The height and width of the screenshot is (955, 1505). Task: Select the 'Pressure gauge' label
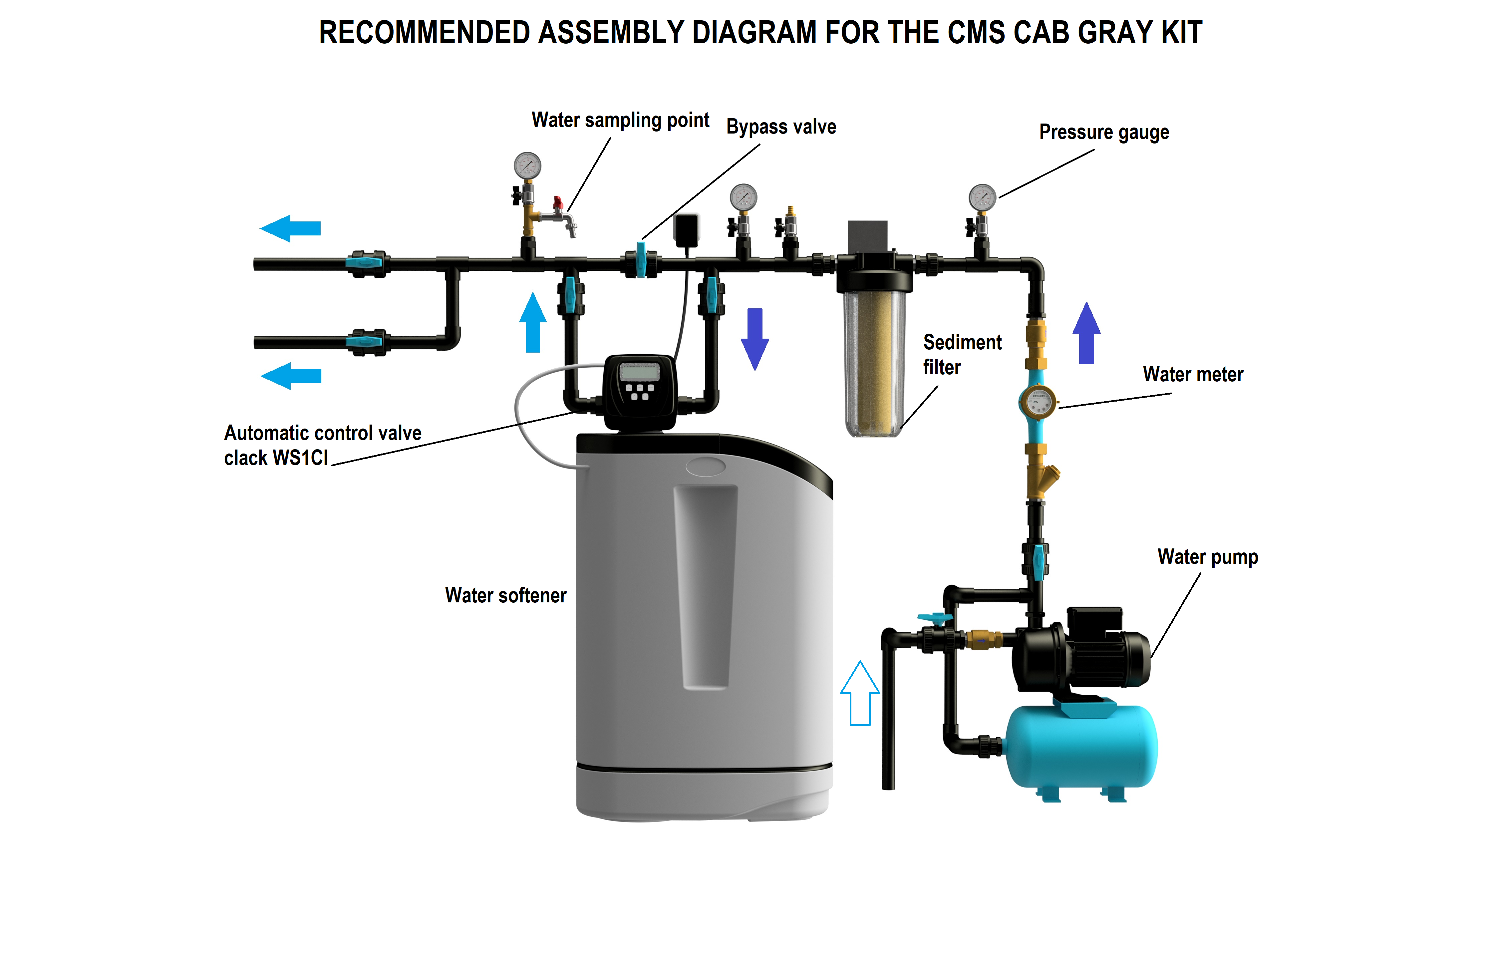pyautogui.click(x=1104, y=133)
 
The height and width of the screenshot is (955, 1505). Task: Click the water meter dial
pyautogui.click(x=1038, y=402)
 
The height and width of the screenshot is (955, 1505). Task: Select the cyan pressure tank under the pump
pyautogui.click(x=1081, y=747)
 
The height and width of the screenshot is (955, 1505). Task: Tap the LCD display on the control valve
pyautogui.click(x=639, y=373)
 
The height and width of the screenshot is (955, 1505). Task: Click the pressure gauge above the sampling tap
pyautogui.click(x=527, y=165)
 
